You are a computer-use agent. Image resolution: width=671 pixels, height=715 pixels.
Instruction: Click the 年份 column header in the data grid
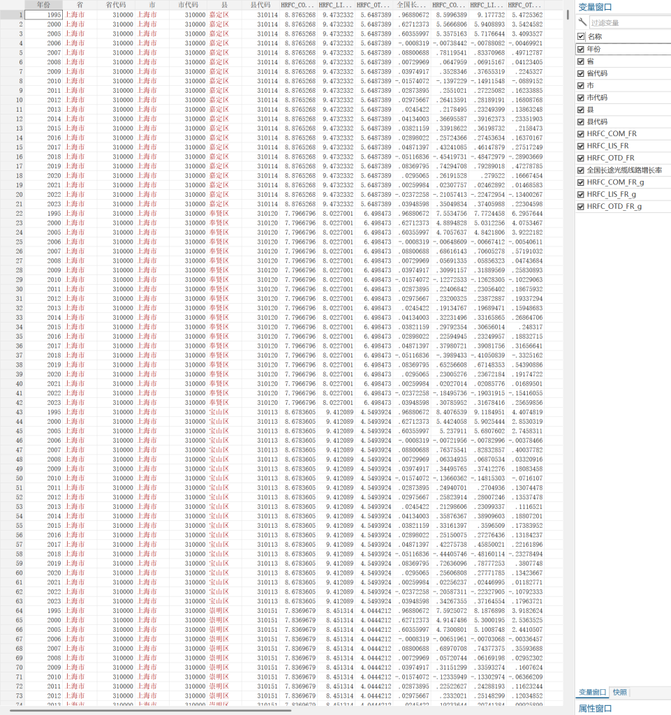pos(44,5)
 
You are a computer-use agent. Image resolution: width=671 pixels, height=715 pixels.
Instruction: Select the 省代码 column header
pos(117,5)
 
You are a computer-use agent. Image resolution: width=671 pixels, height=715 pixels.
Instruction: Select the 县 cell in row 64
pos(218,610)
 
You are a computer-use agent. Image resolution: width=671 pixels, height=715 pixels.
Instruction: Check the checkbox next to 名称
pos(582,36)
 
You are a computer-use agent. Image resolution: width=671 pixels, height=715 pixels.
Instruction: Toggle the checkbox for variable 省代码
pos(582,73)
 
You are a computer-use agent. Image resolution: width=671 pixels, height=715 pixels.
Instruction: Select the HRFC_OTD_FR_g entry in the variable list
pos(614,207)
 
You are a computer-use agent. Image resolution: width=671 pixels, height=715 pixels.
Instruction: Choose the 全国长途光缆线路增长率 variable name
pos(624,170)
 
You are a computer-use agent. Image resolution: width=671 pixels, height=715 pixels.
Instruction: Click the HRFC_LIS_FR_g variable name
pos(612,194)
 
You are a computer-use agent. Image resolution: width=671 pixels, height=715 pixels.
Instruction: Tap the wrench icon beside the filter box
pos(583,22)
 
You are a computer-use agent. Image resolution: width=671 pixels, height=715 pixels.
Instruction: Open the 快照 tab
pos(619,692)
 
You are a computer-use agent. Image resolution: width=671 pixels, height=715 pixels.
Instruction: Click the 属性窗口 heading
pos(595,708)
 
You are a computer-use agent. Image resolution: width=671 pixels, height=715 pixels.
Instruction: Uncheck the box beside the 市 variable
pos(582,85)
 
